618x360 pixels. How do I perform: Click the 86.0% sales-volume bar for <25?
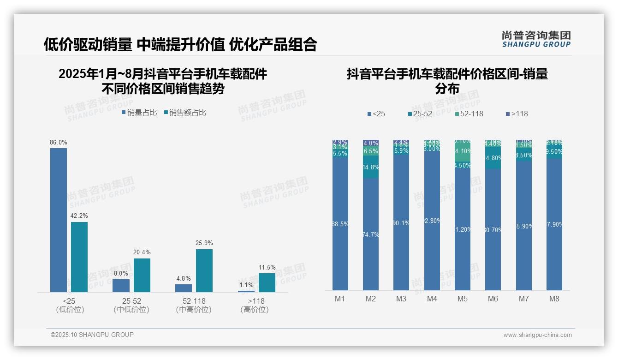[59, 220]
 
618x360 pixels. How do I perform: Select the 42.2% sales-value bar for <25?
[79, 257]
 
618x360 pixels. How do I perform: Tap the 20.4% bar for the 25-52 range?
[142, 275]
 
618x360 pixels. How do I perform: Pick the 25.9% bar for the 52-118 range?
[204, 270]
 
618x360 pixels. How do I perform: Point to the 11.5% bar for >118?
[267, 282]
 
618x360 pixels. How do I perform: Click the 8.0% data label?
[121, 273]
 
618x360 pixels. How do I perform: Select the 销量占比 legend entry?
[139, 112]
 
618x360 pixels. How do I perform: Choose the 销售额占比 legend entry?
[185, 112]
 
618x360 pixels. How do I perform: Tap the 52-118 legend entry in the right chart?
[469, 114]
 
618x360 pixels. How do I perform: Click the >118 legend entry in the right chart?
[517, 114]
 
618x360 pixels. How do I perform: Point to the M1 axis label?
[340, 299]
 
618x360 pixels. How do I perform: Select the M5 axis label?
[463, 299]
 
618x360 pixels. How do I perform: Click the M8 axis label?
[554, 299]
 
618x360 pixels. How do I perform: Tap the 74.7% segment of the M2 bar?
[371, 234]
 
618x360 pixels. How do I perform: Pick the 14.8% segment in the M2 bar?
[371, 167]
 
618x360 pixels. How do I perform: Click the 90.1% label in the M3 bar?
[401, 223]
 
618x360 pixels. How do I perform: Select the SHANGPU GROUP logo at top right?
[536, 39]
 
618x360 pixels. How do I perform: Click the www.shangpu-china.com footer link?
[537, 335]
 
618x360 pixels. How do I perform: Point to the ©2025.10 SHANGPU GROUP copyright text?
[92, 335]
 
